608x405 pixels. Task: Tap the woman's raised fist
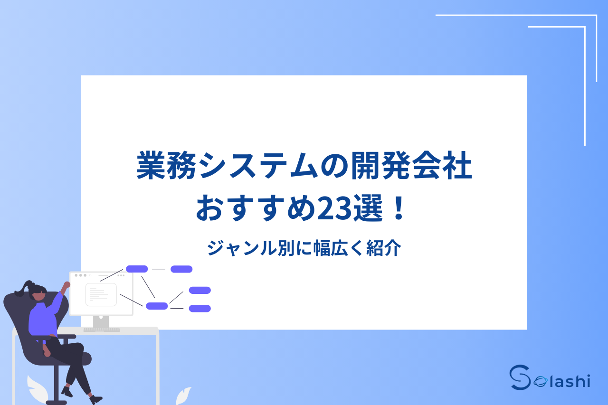(67, 284)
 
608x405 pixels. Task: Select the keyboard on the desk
(102, 329)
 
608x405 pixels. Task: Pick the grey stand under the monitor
(101, 321)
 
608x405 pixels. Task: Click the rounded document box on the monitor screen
(101, 294)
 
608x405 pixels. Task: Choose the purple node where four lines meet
(157, 306)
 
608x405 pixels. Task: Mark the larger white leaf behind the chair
(38, 388)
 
